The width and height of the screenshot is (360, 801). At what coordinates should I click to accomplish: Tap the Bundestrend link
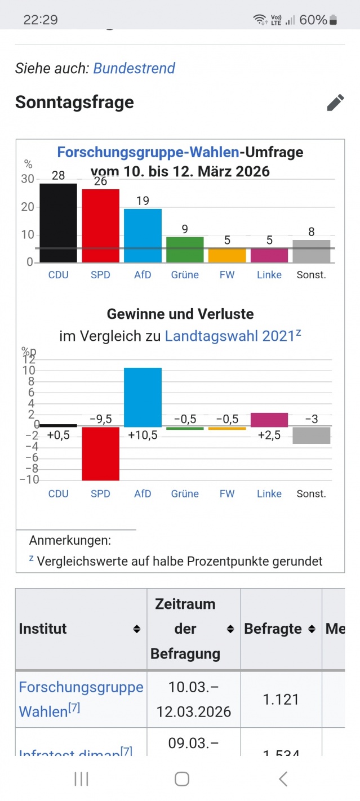(134, 69)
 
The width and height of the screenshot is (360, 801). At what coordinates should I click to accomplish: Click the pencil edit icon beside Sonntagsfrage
(335, 103)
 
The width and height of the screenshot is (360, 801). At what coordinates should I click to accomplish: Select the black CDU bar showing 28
(58, 223)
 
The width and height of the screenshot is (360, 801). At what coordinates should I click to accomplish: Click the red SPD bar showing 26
(100, 226)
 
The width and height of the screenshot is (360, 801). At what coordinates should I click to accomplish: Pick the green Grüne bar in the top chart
(185, 250)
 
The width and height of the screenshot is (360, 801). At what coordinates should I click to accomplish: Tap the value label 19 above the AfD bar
(143, 201)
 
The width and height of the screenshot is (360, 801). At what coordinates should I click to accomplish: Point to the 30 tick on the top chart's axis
(28, 179)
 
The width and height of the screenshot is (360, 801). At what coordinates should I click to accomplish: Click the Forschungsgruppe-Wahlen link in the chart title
(148, 152)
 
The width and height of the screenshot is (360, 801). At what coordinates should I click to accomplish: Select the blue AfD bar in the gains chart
(143, 397)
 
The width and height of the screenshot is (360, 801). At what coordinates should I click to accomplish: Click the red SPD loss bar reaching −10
(100, 453)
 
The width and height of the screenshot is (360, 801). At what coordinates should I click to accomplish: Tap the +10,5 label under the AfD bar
(143, 435)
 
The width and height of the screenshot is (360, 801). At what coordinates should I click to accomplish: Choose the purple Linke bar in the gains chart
(269, 420)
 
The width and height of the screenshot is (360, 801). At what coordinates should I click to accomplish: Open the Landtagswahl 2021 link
(230, 336)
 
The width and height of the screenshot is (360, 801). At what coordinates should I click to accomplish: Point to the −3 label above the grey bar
(312, 419)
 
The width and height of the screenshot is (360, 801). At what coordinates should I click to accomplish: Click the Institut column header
(43, 629)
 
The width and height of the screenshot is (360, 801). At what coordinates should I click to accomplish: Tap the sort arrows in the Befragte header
(312, 629)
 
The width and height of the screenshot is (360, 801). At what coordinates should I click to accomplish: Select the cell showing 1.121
(281, 699)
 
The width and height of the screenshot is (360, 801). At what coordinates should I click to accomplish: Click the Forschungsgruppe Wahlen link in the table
(81, 699)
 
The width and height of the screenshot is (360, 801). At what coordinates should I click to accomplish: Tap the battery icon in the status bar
(333, 20)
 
